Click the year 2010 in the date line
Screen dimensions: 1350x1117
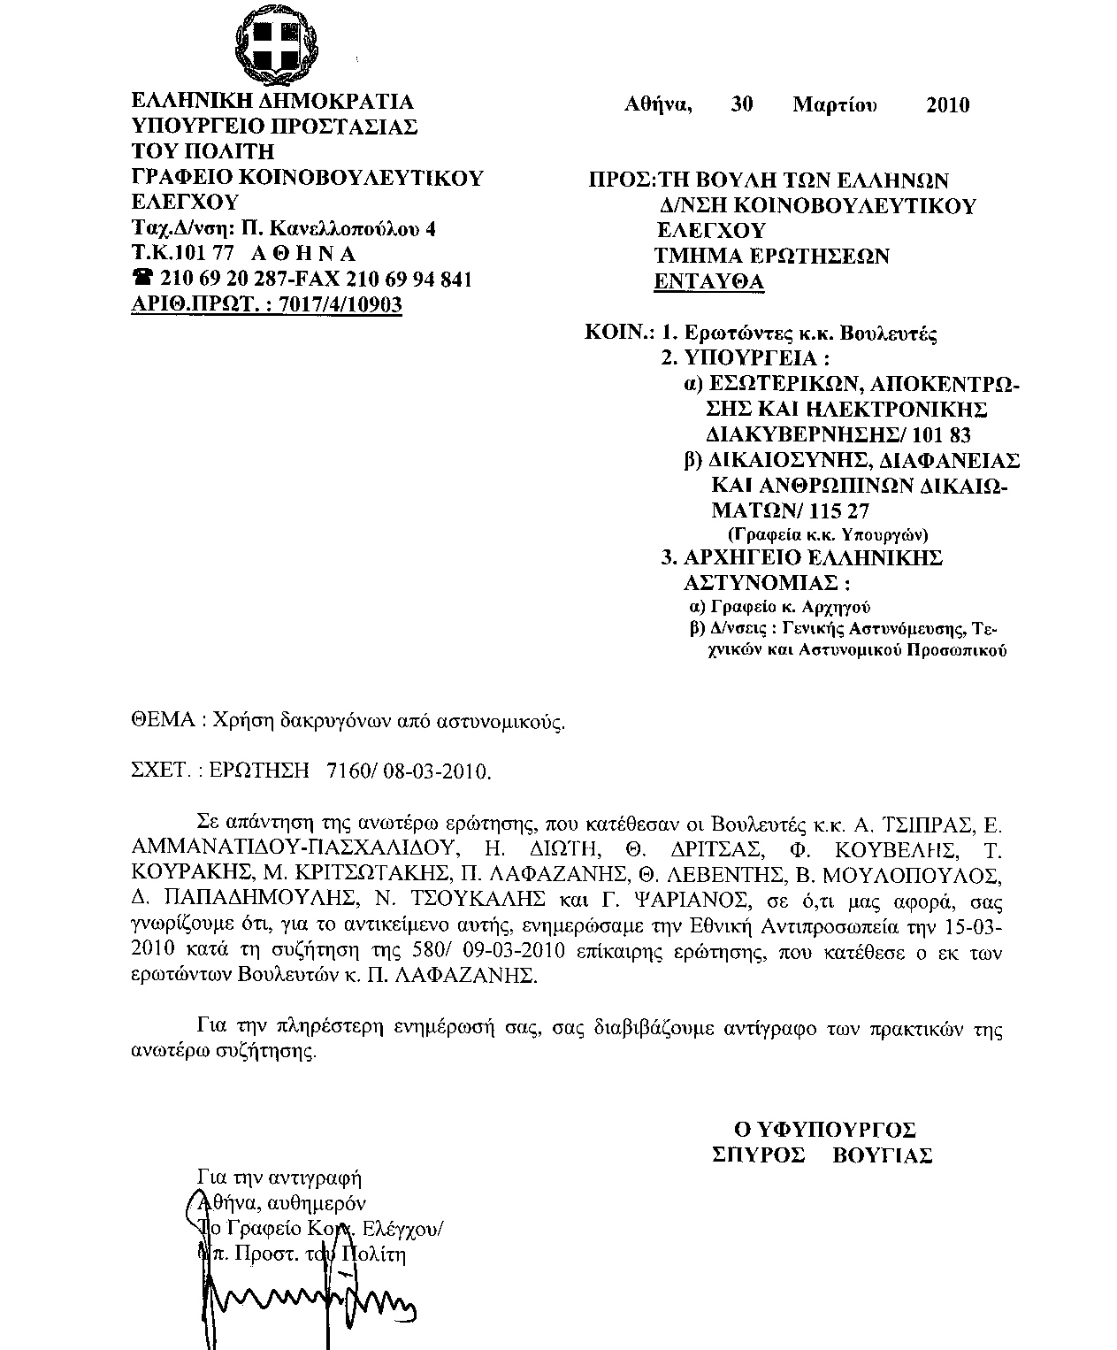(947, 106)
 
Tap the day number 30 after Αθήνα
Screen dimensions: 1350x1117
(742, 105)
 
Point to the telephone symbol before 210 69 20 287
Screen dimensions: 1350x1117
(142, 280)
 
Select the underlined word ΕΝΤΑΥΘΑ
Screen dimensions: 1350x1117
(708, 282)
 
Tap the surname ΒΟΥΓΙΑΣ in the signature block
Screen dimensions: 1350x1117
(883, 1155)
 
